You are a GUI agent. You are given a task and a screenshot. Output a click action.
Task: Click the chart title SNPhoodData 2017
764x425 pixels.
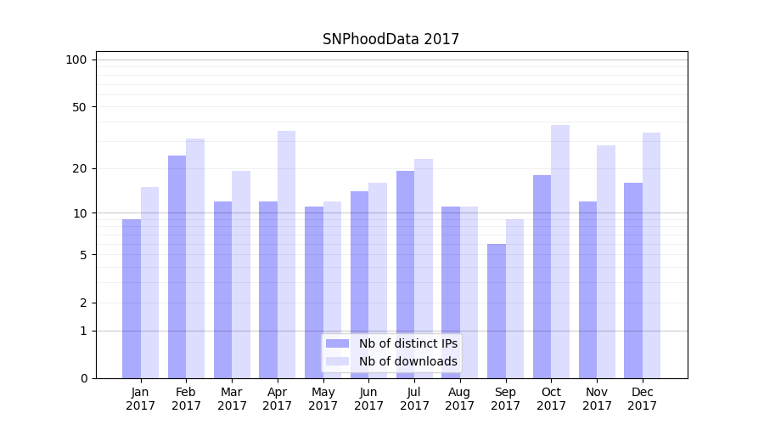click(390, 39)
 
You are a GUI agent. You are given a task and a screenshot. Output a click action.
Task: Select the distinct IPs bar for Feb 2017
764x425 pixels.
click(177, 267)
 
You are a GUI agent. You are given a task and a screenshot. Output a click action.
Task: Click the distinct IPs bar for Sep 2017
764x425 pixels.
click(497, 311)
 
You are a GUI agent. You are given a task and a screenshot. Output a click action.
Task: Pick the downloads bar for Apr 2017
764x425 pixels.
click(286, 255)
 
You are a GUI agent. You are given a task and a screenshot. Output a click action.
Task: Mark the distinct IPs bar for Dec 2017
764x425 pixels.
click(633, 280)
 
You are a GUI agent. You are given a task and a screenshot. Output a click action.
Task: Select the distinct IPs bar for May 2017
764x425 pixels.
click(314, 292)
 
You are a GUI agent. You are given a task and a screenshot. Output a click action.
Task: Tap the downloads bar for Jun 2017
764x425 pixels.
click(378, 280)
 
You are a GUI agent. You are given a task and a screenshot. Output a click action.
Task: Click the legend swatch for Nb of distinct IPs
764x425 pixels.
click(337, 343)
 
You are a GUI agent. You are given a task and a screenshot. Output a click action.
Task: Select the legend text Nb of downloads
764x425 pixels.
click(408, 361)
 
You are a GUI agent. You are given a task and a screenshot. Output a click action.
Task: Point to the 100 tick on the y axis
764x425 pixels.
click(76, 59)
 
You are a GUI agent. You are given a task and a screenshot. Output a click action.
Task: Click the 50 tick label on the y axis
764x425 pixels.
click(79, 107)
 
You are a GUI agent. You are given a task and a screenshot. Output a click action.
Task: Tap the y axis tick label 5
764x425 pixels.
click(82, 255)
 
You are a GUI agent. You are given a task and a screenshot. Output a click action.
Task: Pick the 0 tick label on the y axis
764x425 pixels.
click(82, 378)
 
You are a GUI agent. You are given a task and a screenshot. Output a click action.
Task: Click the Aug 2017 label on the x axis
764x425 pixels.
click(460, 399)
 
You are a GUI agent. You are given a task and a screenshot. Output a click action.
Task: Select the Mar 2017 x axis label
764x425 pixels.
click(232, 399)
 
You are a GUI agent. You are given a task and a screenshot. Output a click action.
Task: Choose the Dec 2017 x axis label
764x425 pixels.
click(643, 399)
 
